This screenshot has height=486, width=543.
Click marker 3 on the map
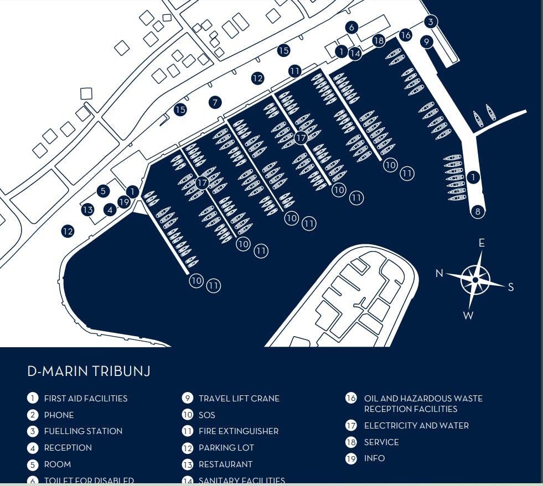[431, 22]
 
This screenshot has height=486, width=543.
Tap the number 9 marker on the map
[426, 41]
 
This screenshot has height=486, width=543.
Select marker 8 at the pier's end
[478, 211]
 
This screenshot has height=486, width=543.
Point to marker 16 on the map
[406, 35]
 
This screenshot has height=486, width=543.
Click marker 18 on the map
[379, 40]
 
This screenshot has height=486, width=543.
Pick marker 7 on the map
[215, 102]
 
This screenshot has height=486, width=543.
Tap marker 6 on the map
[351, 27]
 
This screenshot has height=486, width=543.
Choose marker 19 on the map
[124, 202]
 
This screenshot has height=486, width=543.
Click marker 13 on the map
[87, 210]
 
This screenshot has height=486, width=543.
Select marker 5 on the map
[103, 191]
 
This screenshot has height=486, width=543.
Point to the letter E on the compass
[482, 243]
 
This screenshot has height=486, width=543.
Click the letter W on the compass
[468, 316]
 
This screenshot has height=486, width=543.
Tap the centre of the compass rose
[475, 280]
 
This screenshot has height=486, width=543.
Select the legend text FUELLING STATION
[83, 431]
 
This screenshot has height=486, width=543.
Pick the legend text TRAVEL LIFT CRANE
[239, 399]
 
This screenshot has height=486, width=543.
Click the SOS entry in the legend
[206, 415]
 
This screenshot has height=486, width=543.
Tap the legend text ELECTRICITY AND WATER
[416, 426]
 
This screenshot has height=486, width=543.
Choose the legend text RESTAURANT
[225, 464]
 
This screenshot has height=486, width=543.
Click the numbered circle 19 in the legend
[351, 458]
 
